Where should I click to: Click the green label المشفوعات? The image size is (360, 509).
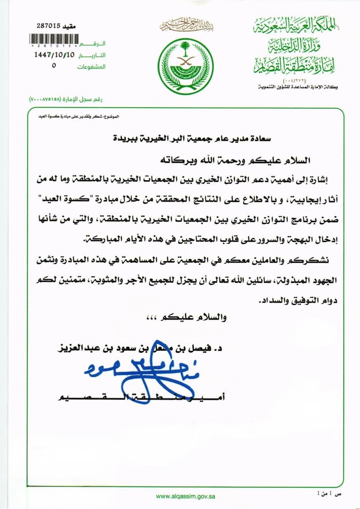91,67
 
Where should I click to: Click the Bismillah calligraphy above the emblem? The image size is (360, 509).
186,26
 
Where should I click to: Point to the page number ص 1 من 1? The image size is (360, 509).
329,493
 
